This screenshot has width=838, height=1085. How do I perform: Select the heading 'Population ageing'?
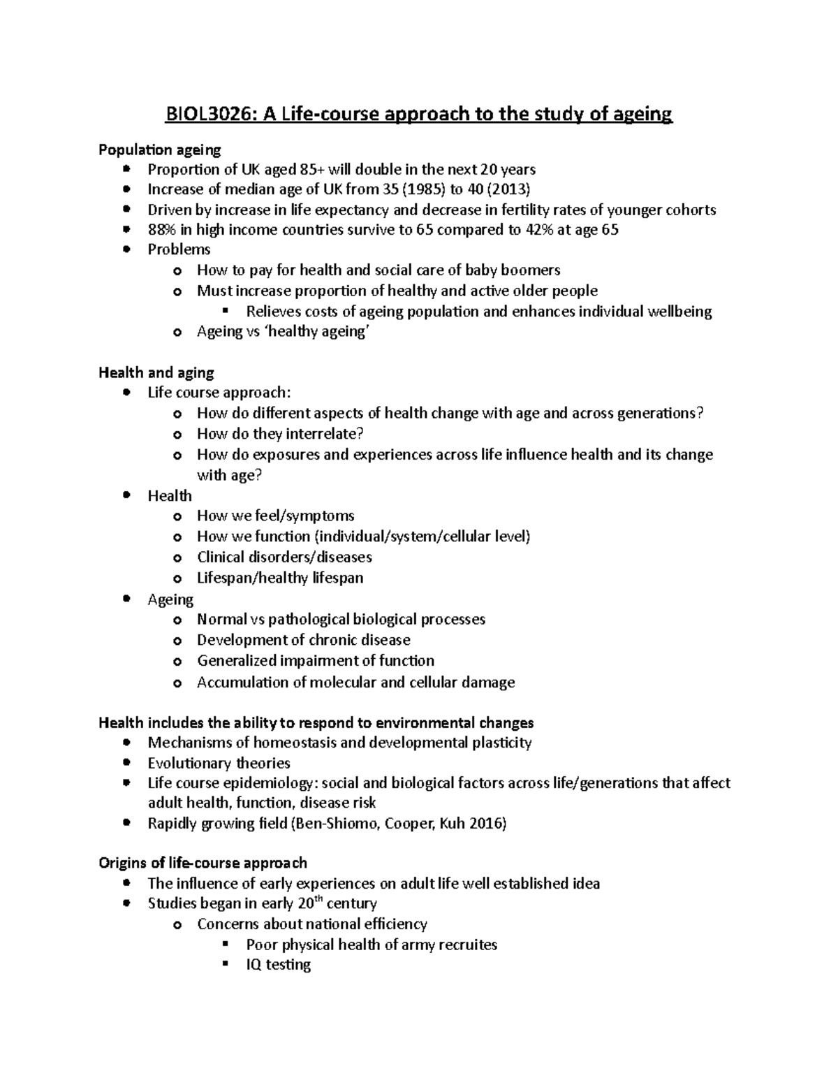pyautogui.click(x=159, y=150)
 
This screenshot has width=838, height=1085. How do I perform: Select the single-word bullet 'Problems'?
pyautogui.click(x=179, y=249)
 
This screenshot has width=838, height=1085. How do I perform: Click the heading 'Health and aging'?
pyautogui.click(x=156, y=372)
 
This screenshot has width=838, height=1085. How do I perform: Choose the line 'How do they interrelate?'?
pyautogui.click(x=280, y=434)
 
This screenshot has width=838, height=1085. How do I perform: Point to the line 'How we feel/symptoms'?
pyautogui.click(x=275, y=516)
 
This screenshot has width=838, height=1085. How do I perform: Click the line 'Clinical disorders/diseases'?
pyautogui.click(x=284, y=557)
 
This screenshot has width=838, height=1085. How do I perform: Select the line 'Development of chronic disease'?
pyautogui.click(x=303, y=640)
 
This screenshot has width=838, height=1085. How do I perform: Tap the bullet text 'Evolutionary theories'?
pyautogui.click(x=219, y=763)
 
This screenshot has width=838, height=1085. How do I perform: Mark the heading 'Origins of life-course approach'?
pyautogui.click(x=203, y=863)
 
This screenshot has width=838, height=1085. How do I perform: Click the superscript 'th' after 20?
pyautogui.click(x=325, y=899)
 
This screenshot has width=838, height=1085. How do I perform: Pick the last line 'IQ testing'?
pyautogui.click(x=278, y=965)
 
